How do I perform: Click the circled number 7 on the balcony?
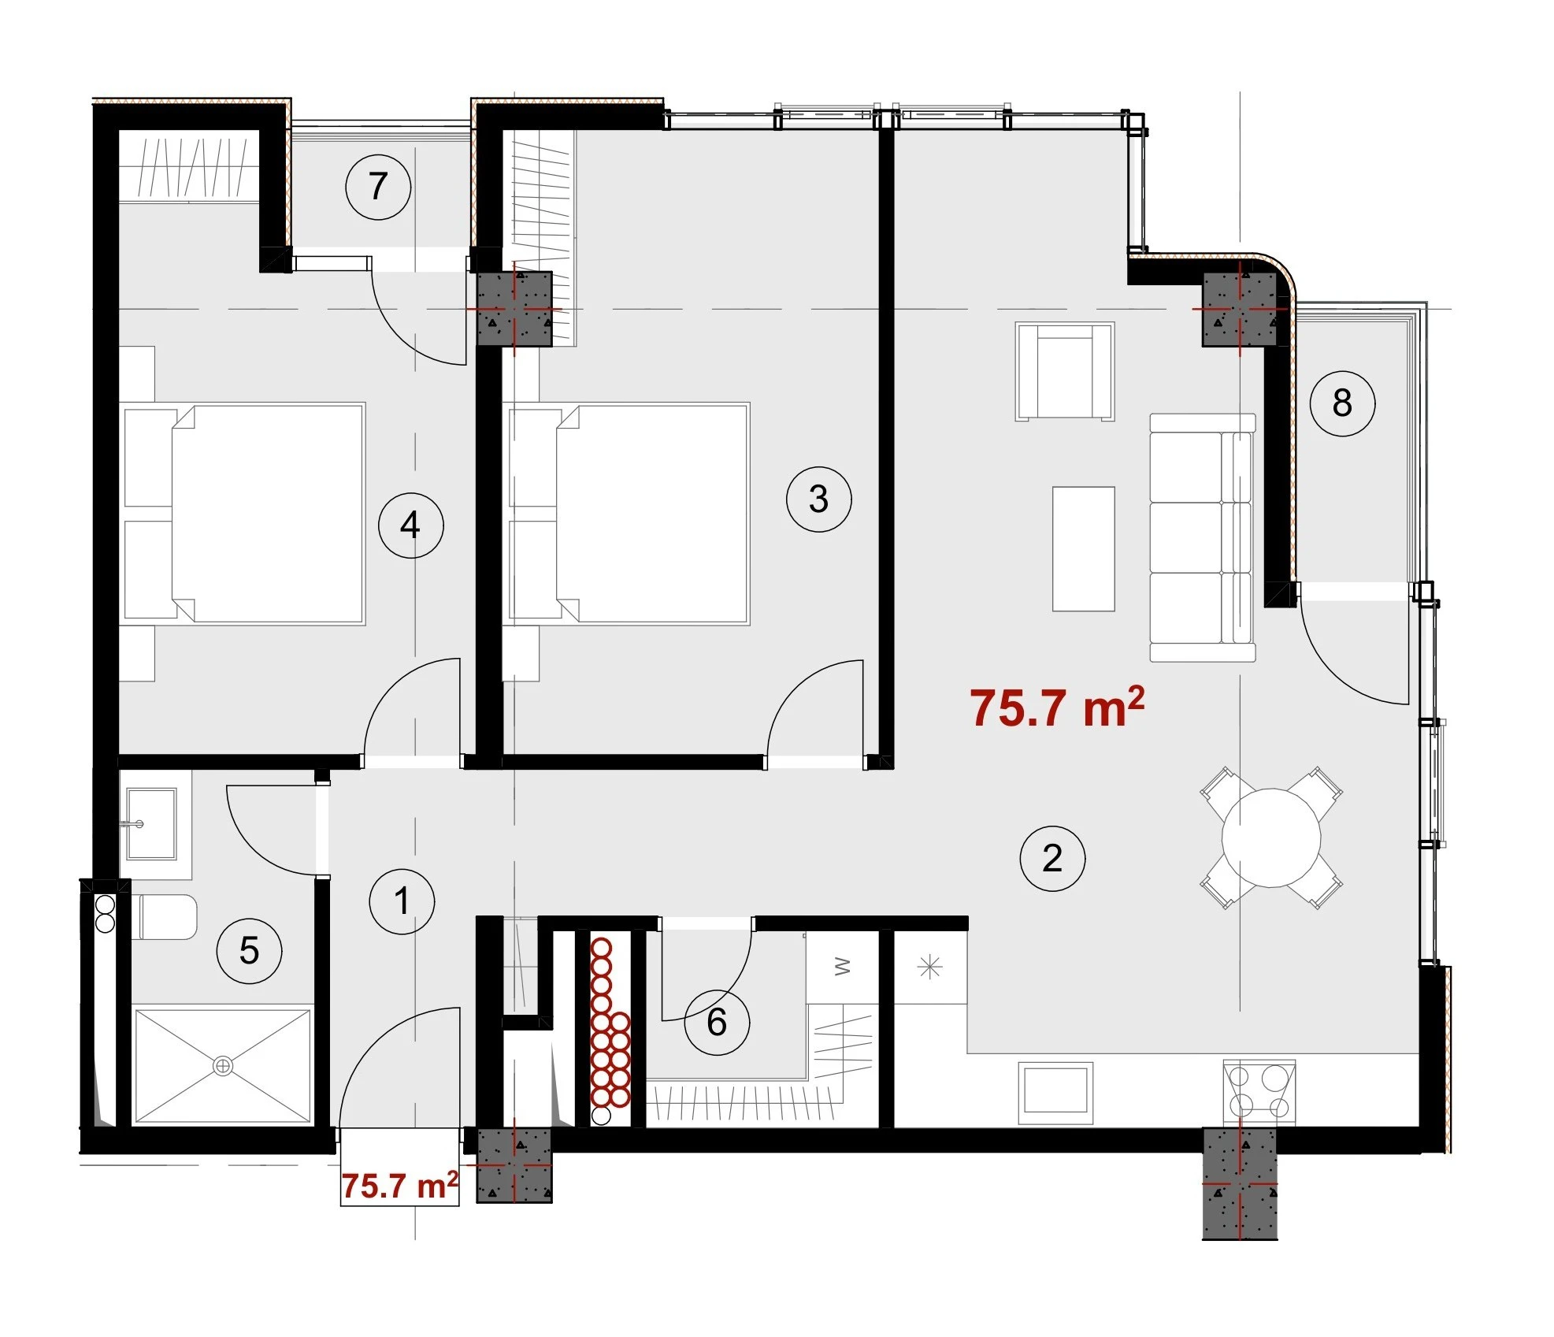click(378, 187)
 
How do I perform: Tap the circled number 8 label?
click(1342, 403)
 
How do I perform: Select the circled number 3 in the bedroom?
click(819, 499)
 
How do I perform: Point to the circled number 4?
click(410, 526)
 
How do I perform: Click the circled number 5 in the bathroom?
click(249, 951)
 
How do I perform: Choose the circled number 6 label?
click(717, 1023)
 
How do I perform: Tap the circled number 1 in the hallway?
click(402, 901)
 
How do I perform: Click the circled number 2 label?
click(1052, 858)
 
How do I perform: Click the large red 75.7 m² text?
click(1057, 707)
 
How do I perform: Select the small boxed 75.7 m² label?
click(400, 1185)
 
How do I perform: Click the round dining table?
click(1271, 837)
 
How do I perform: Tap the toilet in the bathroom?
click(163, 917)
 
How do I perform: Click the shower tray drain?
click(223, 1066)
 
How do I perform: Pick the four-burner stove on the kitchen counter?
click(1259, 1092)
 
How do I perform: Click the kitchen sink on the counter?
click(1055, 1092)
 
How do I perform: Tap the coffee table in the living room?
click(1084, 548)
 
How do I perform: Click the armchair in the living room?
click(1065, 371)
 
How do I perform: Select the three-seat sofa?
click(1202, 537)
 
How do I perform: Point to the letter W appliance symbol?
click(842, 966)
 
